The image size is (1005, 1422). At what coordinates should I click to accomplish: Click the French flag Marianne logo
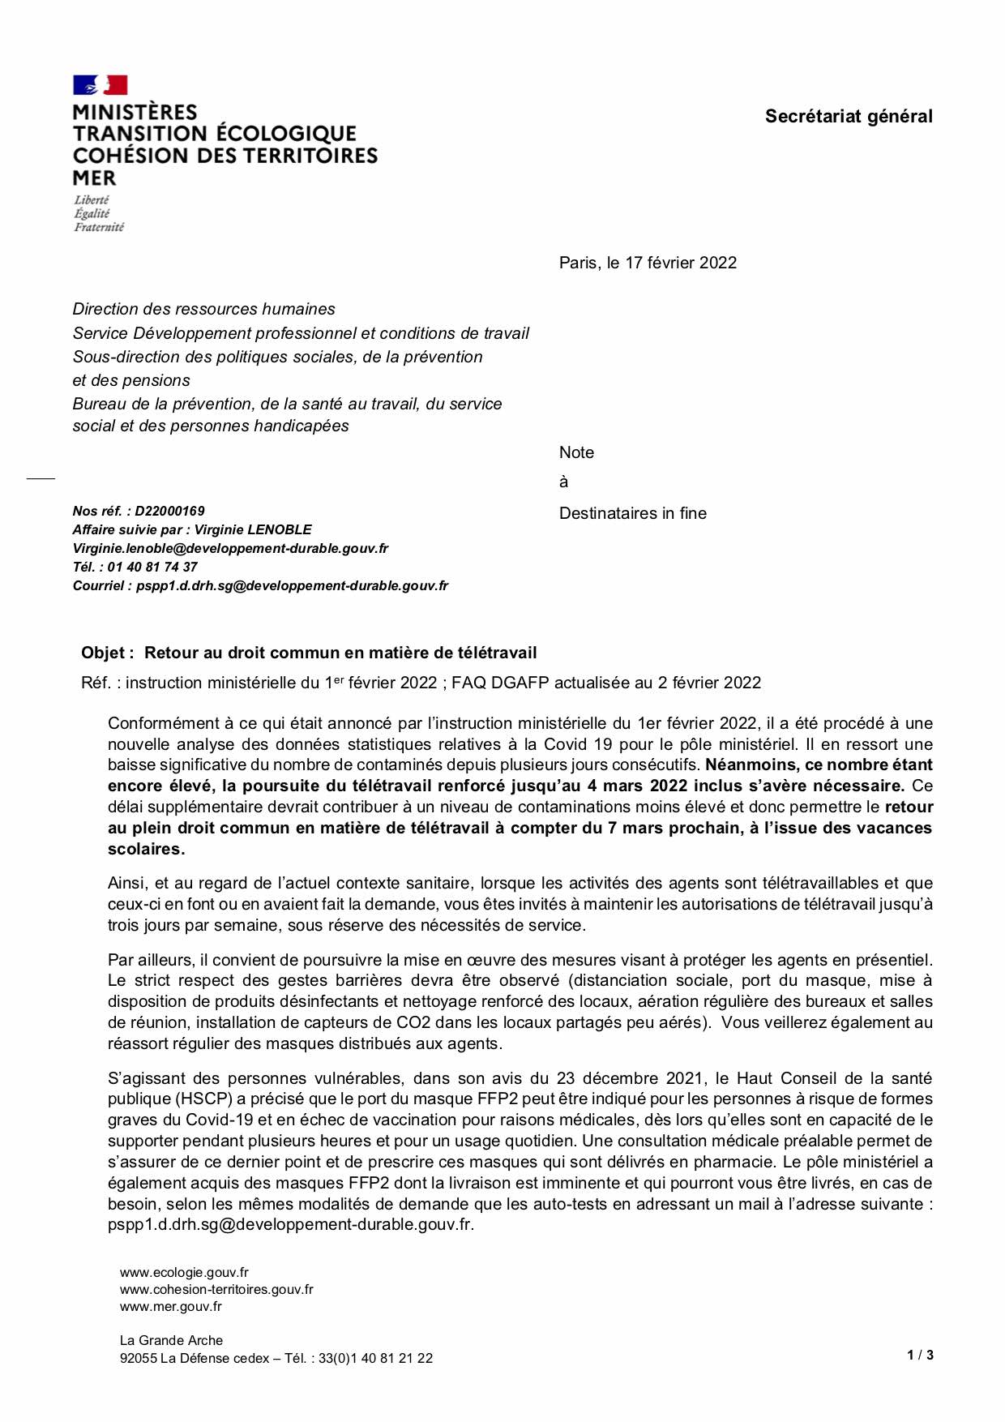tap(100, 85)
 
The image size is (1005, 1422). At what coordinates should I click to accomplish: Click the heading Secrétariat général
tap(848, 117)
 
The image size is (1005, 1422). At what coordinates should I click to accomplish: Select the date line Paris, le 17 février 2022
tap(648, 263)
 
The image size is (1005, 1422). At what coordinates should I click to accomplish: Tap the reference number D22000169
tap(169, 511)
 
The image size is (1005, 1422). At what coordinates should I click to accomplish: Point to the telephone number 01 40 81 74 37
tap(152, 567)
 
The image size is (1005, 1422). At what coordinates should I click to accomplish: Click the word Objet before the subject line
tap(103, 653)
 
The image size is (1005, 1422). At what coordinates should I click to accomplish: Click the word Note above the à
tap(576, 452)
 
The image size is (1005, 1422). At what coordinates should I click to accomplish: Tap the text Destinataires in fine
tap(632, 513)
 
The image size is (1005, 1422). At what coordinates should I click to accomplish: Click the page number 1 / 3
tap(920, 1355)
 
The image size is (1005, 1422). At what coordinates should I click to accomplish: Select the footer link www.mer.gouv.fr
tap(170, 1306)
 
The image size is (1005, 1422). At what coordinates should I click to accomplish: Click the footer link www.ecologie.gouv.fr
tap(184, 1272)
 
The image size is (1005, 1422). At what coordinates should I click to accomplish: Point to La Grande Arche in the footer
tap(171, 1340)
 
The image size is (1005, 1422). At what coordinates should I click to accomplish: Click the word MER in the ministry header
tap(94, 178)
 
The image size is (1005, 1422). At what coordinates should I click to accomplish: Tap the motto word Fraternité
tap(99, 228)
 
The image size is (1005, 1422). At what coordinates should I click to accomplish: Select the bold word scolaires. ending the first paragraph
tap(146, 849)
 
